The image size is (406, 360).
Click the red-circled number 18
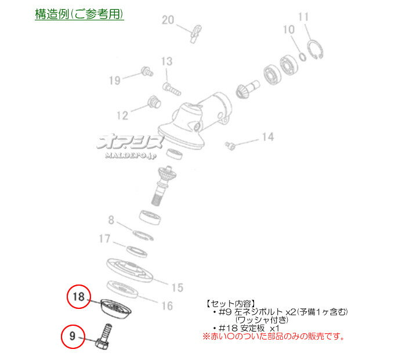tap(78, 296)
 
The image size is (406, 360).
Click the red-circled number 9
tap(72, 336)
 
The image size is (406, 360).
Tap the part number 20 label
tap(168, 20)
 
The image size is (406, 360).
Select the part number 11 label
tap(303, 17)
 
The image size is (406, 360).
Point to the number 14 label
tap(268, 137)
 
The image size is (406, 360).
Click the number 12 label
tap(122, 116)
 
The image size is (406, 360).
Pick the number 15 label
tap(177, 287)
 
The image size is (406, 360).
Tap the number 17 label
tap(104, 239)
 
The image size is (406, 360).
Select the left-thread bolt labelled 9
tap(103, 337)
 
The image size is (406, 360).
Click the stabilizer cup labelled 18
tap(116, 309)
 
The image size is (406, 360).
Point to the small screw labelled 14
tap(230, 145)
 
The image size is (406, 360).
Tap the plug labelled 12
tap(154, 102)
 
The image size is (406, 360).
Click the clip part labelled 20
tap(196, 34)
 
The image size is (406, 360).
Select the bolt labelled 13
tap(172, 89)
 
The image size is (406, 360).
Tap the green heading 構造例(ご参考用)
tap(79, 14)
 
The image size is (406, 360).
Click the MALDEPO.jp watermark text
tap(131, 155)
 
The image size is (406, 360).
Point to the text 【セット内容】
tap(230, 304)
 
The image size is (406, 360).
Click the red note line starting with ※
tap(274, 336)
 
